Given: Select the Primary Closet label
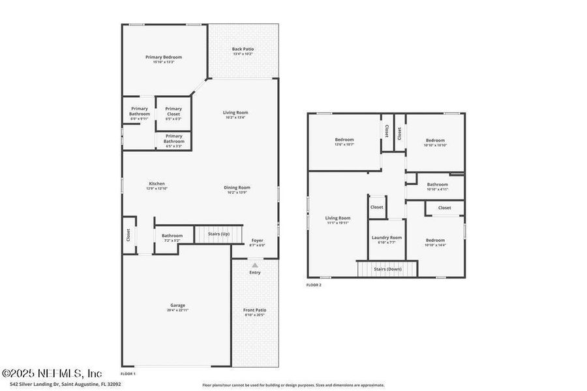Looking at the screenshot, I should click(x=173, y=111).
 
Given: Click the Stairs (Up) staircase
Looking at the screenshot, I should click(x=218, y=234).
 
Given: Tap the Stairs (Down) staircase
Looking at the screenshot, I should click(x=387, y=269).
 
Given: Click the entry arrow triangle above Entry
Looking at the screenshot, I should click(x=255, y=265).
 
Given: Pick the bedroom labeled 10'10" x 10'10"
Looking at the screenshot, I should click(x=435, y=142).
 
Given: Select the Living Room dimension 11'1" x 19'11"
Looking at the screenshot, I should click(x=338, y=223).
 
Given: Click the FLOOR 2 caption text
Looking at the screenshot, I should click(x=314, y=285).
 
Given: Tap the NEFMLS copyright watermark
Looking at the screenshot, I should click(x=52, y=373).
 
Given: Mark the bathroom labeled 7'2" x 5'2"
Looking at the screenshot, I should click(x=172, y=238).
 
